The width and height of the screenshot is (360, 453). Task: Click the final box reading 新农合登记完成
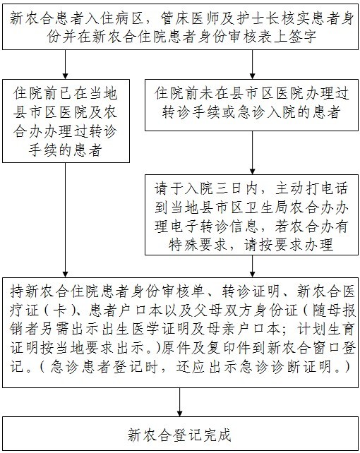click(x=180, y=433)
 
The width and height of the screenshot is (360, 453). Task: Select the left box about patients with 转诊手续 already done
click(x=66, y=121)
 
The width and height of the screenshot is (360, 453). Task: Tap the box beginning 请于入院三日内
click(x=251, y=215)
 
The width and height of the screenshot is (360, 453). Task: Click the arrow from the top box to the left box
click(x=66, y=64)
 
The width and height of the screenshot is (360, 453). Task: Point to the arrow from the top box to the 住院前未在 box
click(x=252, y=64)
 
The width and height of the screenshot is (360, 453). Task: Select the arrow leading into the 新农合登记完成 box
click(x=179, y=402)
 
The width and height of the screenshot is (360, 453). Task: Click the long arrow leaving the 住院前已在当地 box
click(x=66, y=220)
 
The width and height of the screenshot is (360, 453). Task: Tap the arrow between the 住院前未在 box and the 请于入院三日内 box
click(x=252, y=152)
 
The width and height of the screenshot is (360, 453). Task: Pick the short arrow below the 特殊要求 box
click(x=252, y=266)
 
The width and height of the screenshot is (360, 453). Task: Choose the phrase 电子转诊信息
click(x=213, y=226)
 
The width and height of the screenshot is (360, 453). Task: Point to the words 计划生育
click(x=327, y=329)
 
